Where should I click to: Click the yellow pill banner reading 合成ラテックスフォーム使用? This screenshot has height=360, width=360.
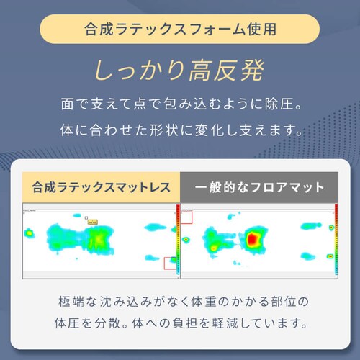[x=179, y=32]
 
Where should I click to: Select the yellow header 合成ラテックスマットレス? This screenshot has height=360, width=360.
[x=101, y=188]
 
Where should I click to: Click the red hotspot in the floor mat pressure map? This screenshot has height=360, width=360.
[x=253, y=238]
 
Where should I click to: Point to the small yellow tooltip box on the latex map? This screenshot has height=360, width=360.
[x=94, y=222]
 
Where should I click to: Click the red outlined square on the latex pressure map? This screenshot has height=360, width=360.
[x=171, y=264]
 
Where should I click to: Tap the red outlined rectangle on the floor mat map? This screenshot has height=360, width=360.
[x=186, y=216]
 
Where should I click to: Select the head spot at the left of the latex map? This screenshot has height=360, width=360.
[x=30, y=233]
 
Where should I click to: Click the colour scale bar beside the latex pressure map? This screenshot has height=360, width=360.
[x=177, y=241]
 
